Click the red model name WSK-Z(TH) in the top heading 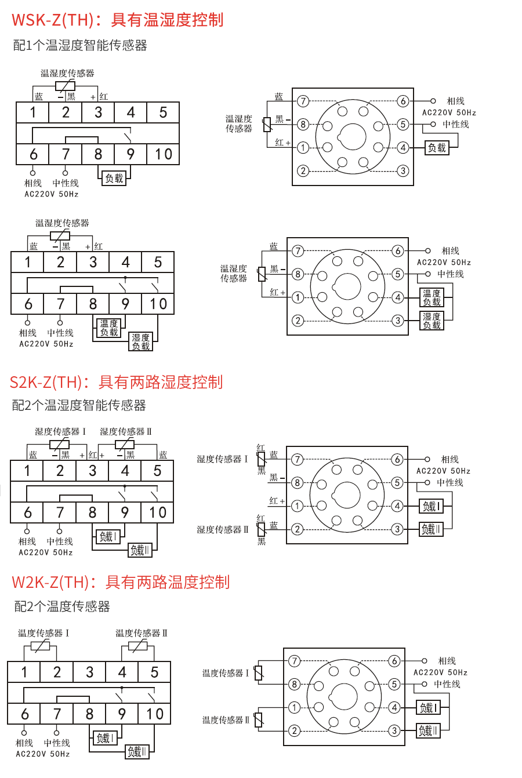52,20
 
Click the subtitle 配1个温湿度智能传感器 80,45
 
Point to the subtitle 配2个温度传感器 62,606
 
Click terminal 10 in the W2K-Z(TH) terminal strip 155,714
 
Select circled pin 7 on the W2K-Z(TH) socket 295,661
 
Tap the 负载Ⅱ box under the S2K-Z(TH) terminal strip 140,550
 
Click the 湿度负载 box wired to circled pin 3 432,321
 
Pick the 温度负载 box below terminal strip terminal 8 109,328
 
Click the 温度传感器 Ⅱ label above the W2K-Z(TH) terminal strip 142,633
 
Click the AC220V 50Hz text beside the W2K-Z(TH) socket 440,672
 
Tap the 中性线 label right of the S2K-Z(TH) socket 449,482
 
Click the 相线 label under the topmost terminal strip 33,183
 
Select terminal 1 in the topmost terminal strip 33,112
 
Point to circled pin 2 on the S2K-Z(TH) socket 297,529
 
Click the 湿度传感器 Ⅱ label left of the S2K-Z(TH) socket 223,529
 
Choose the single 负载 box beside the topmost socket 437,148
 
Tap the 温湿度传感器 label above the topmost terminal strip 67,73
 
